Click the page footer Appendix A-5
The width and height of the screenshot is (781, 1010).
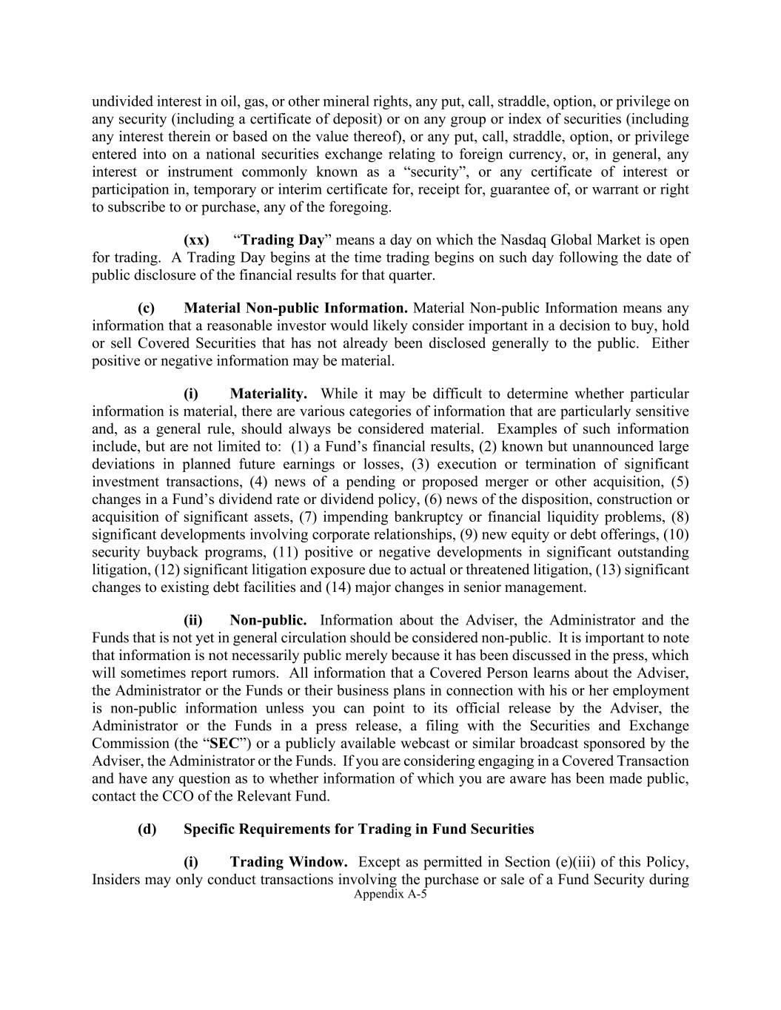pos(391,894)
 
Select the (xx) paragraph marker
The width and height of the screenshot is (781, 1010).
pos(196,240)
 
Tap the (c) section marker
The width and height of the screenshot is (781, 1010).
pos(146,309)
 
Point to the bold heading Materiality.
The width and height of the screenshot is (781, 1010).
pos(268,394)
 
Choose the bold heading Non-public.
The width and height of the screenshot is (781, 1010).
pos(268,621)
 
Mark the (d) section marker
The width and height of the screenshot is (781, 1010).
pos(147,829)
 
